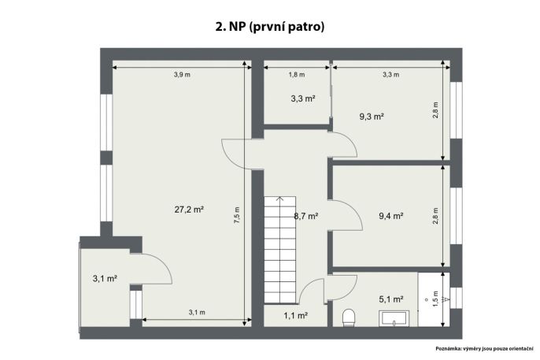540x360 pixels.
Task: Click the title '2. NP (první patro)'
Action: tap(270, 27)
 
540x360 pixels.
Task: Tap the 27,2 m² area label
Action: tap(189, 209)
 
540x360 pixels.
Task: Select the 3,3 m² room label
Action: tap(303, 98)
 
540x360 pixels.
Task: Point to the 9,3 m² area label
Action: tap(372, 117)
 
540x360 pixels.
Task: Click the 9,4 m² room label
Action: tap(391, 216)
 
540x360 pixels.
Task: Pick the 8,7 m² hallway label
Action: tap(305, 217)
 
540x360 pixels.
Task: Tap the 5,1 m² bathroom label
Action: tap(391, 299)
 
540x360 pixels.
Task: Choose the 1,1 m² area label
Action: tap(295, 315)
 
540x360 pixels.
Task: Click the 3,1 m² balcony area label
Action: tap(105, 278)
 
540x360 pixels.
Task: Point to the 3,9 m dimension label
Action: tap(182, 74)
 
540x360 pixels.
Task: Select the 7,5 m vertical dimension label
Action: tap(237, 215)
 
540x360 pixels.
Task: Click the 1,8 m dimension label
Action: tap(297, 74)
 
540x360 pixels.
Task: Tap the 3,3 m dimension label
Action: tap(391, 74)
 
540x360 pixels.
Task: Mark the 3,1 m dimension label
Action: tap(197, 313)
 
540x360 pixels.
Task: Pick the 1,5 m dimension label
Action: tap(435, 299)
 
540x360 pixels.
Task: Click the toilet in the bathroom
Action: tap(349, 317)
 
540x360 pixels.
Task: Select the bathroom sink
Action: tap(394, 318)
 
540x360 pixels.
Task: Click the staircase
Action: tap(280, 250)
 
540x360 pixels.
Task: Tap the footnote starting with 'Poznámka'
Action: tap(484, 349)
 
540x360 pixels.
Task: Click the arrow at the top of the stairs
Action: tap(280, 199)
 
